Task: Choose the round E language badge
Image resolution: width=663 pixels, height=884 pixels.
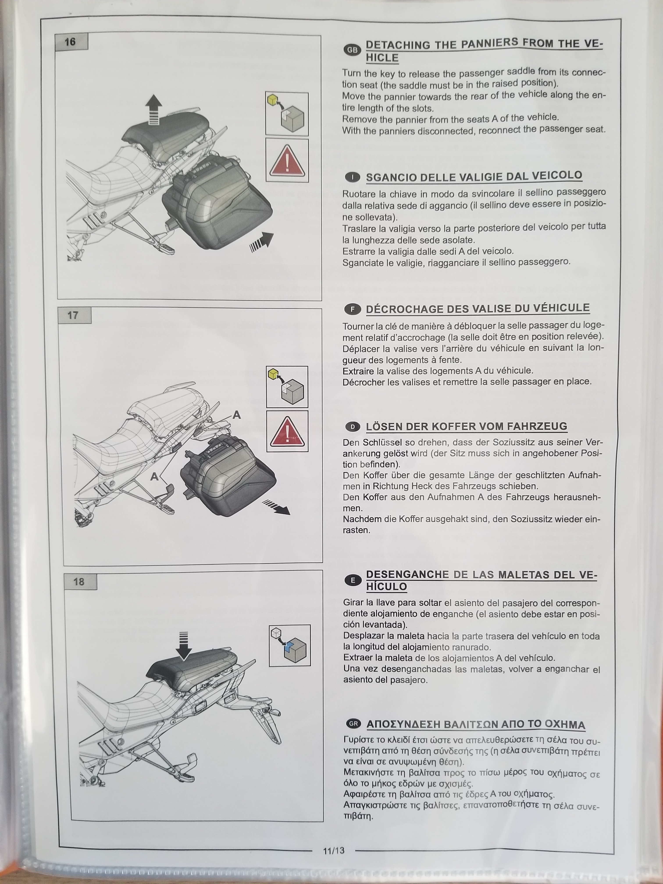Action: coord(353,580)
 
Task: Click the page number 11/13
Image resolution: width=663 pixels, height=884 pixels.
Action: coord(334,850)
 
